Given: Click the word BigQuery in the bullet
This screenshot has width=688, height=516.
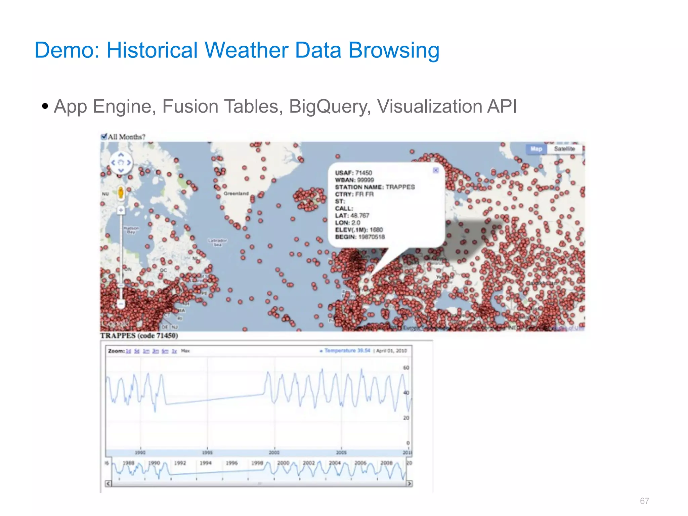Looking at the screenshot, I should tap(330, 106).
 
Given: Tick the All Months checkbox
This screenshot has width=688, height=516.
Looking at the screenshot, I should tap(104, 136).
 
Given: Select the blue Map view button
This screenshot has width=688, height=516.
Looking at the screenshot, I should tap(536, 149).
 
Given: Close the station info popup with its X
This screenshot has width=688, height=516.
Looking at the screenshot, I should tap(436, 170).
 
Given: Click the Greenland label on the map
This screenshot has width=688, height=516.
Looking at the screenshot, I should tap(236, 193).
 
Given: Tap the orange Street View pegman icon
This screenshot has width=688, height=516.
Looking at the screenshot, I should tap(121, 193).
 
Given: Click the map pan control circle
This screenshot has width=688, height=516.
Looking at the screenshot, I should tap(121, 163).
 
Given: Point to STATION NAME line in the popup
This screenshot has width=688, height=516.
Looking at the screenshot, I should tap(375, 187).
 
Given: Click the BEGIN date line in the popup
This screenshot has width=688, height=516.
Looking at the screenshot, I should tap(360, 237).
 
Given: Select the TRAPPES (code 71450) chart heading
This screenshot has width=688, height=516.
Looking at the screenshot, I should tap(139, 336).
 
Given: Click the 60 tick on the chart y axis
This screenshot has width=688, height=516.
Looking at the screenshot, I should tap(406, 368).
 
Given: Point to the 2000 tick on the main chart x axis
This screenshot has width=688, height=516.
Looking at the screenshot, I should tap(274, 453).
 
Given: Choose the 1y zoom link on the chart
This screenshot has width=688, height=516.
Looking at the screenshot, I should tap(174, 351).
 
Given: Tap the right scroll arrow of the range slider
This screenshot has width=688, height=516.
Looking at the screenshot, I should tap(410, 484).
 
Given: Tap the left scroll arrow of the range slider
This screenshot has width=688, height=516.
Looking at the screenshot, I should tap(108, 484).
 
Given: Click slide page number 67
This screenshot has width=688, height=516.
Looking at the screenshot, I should tap(644, 501).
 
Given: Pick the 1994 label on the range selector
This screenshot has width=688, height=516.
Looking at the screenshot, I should tap(206, 463).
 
